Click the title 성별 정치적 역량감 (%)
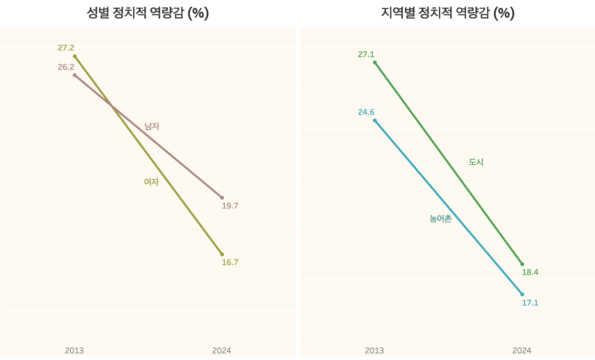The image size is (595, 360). [x=148, y=13]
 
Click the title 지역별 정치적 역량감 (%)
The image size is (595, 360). [x=448, y=13]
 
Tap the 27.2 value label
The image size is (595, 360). [x=66, y=48]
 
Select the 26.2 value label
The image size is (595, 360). [x=66, y=67]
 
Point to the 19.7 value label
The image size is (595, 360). [x=230, y=206]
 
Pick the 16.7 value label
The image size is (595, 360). [x=230, y=262]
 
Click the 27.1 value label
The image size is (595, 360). [x=366, y=54]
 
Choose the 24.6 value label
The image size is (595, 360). [x=366, y=112]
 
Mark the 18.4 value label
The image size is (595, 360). [x=530, y=272]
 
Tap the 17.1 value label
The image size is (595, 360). [x=530, y=303]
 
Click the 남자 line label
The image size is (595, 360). [x=152, y=126]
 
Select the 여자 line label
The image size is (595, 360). [x=151, y=182]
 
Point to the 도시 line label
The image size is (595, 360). [x=476, y=162]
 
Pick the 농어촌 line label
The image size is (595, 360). [x=441, y=219]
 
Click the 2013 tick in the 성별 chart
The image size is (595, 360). [x=74, y=350]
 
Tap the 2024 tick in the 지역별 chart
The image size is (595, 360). [x=522, y=350]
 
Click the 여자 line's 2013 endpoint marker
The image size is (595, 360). [x=75, y=56]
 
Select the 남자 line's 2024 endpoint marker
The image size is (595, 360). [x=222, y=198]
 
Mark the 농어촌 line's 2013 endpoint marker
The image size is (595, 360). [x=375, y=121]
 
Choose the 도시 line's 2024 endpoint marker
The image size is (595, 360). [x=522, y=264]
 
